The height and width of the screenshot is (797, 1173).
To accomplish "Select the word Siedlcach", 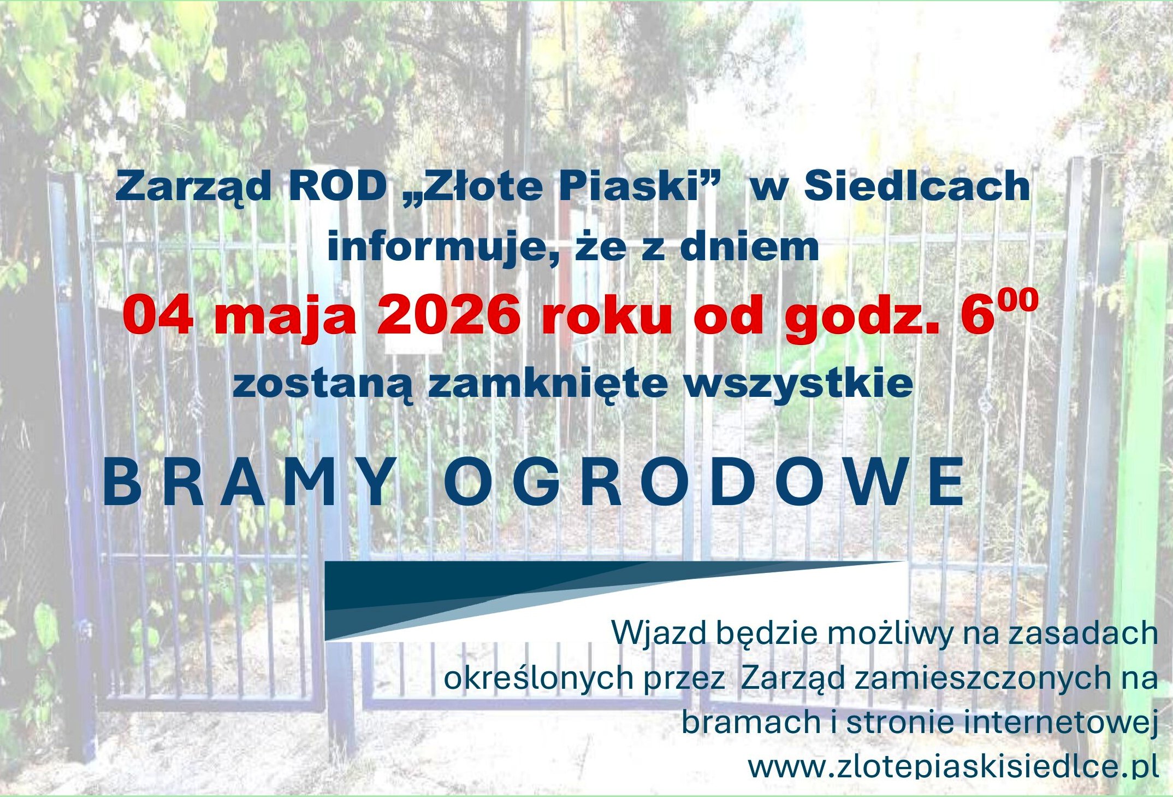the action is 917,186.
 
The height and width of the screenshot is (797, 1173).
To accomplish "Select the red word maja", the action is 285,317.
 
